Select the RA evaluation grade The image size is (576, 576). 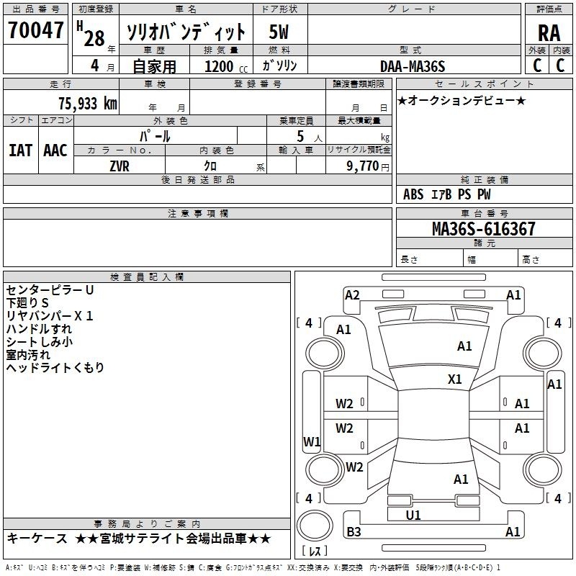click(549, 33)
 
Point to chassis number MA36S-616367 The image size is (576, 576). click(483, 229)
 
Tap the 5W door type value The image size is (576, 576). click(279, 32)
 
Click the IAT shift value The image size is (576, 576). click(20, 150)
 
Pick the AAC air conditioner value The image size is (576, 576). click(55, 150)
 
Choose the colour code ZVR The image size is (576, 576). click(120, 165)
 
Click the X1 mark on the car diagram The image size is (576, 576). click(455, 379)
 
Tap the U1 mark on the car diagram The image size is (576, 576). click(413, 516)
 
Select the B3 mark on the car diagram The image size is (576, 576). click(354, 532)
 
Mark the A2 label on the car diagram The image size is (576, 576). click(352, 294)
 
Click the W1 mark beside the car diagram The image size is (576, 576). click(311, 441)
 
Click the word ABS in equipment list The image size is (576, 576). click(413, 194)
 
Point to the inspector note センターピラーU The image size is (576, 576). click(50, 289)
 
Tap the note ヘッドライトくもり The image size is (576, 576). click(55, 368)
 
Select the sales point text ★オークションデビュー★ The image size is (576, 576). click(462, 101)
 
